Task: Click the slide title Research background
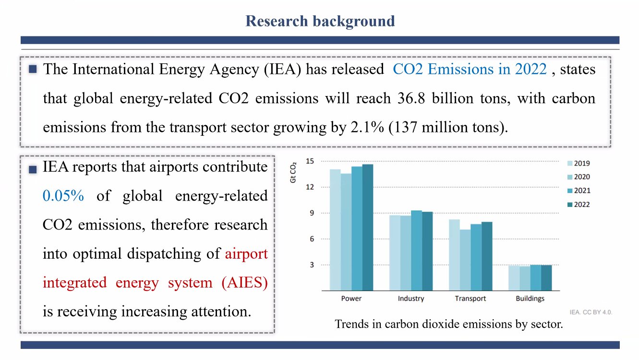pyautogui.click(x=320, y=21)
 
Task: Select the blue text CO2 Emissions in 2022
pyautogui.click(x=470, y=69)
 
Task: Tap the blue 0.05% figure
pyautogui.click(x=63, y=196)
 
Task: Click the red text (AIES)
pyautogui.click(x=244, y=282)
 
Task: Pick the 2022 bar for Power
pyautogui.click(x=368, y=228)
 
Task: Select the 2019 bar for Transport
pyautogui.click(x=455, y=255)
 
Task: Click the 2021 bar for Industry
pyautogui.click(x=417, y=251)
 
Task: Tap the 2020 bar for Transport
pyautogui.click(x=465, y=260)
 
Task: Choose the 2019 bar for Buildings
pyautogui.click(x=514, y=278)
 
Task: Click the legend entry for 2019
pyautogui.click(x=579, y=164)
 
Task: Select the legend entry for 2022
pyautogui.click(x=579, y=204)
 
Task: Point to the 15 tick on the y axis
pyautogui.click(x=310, y=161)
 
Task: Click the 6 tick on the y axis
pyautogui.click(x=312, y=239)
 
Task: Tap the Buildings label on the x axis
pyautogui.click(x=530, y=299)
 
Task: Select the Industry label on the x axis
pyautogui.click(x=411, y=299)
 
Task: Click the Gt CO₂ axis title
pyautogui.click(x=293, y=173)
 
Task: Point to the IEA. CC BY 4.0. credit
pyautogui.click(x=591, y=312)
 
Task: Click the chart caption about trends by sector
pyautogui.click(x=449, y=324)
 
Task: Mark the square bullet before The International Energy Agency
pyautogui.click(x=33, y=69)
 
